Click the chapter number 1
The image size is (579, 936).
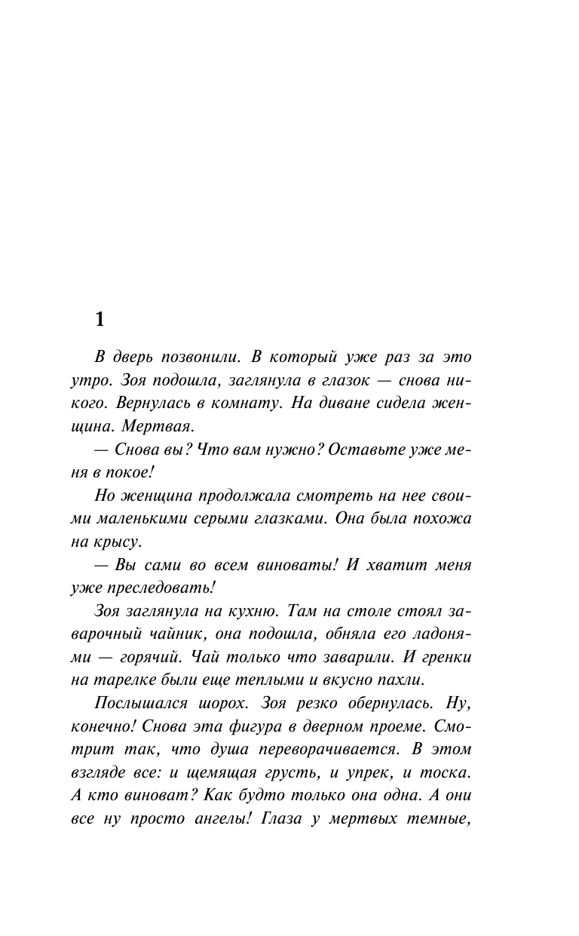tap(100, 319)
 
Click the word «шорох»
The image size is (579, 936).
tap(219, 705)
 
